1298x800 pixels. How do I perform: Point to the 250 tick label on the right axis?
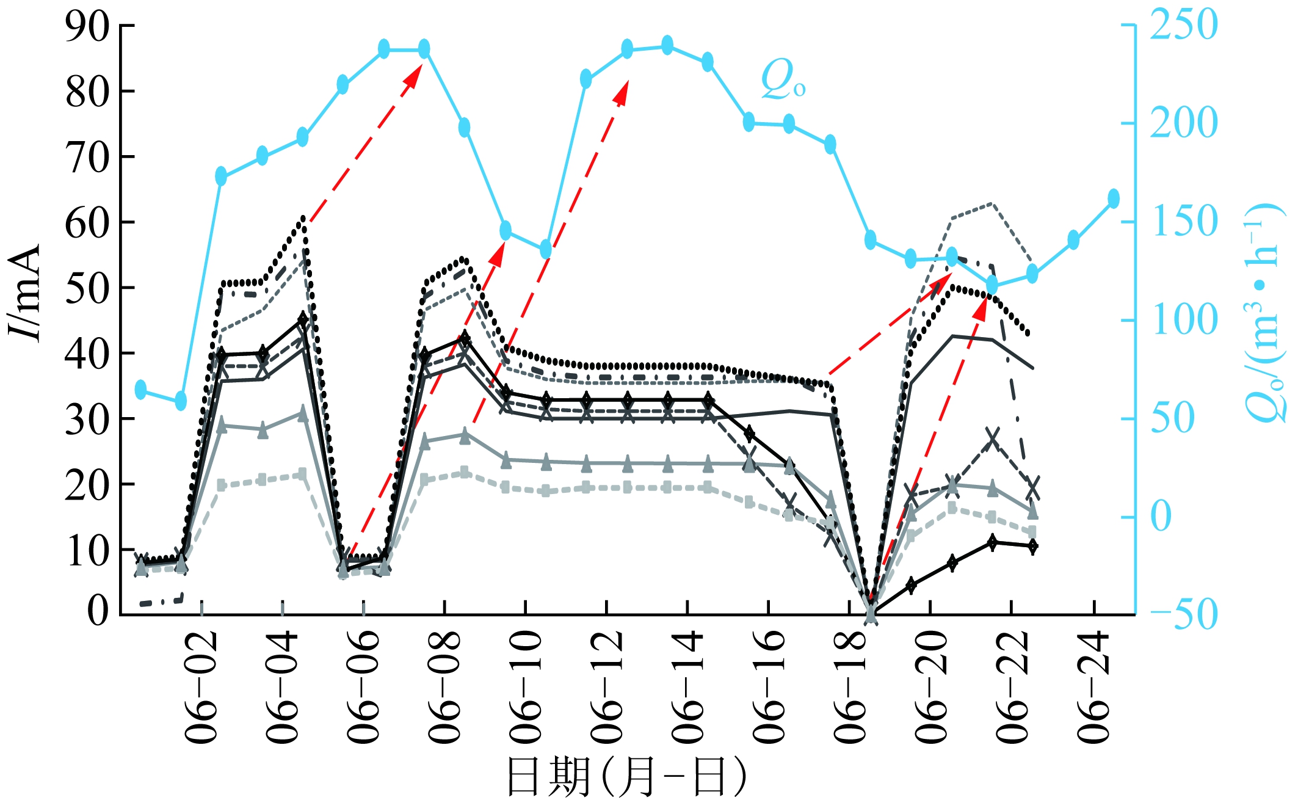click(1183, 26)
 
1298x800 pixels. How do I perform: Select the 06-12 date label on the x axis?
click(607, 687)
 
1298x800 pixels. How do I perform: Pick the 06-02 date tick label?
click(201, 687)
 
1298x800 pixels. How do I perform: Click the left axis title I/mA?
click(26, 293)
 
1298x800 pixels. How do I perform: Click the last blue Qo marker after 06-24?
click(1113, 198)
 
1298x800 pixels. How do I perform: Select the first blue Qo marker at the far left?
click(141, 389)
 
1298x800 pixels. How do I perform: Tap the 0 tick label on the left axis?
click(98, 611)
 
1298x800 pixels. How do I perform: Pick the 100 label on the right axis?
click(1183, 320)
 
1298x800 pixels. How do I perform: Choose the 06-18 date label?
click(850, 687)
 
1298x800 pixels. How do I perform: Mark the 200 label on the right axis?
click(1183, 123)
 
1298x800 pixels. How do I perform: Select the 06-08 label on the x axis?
click(444, 687)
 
